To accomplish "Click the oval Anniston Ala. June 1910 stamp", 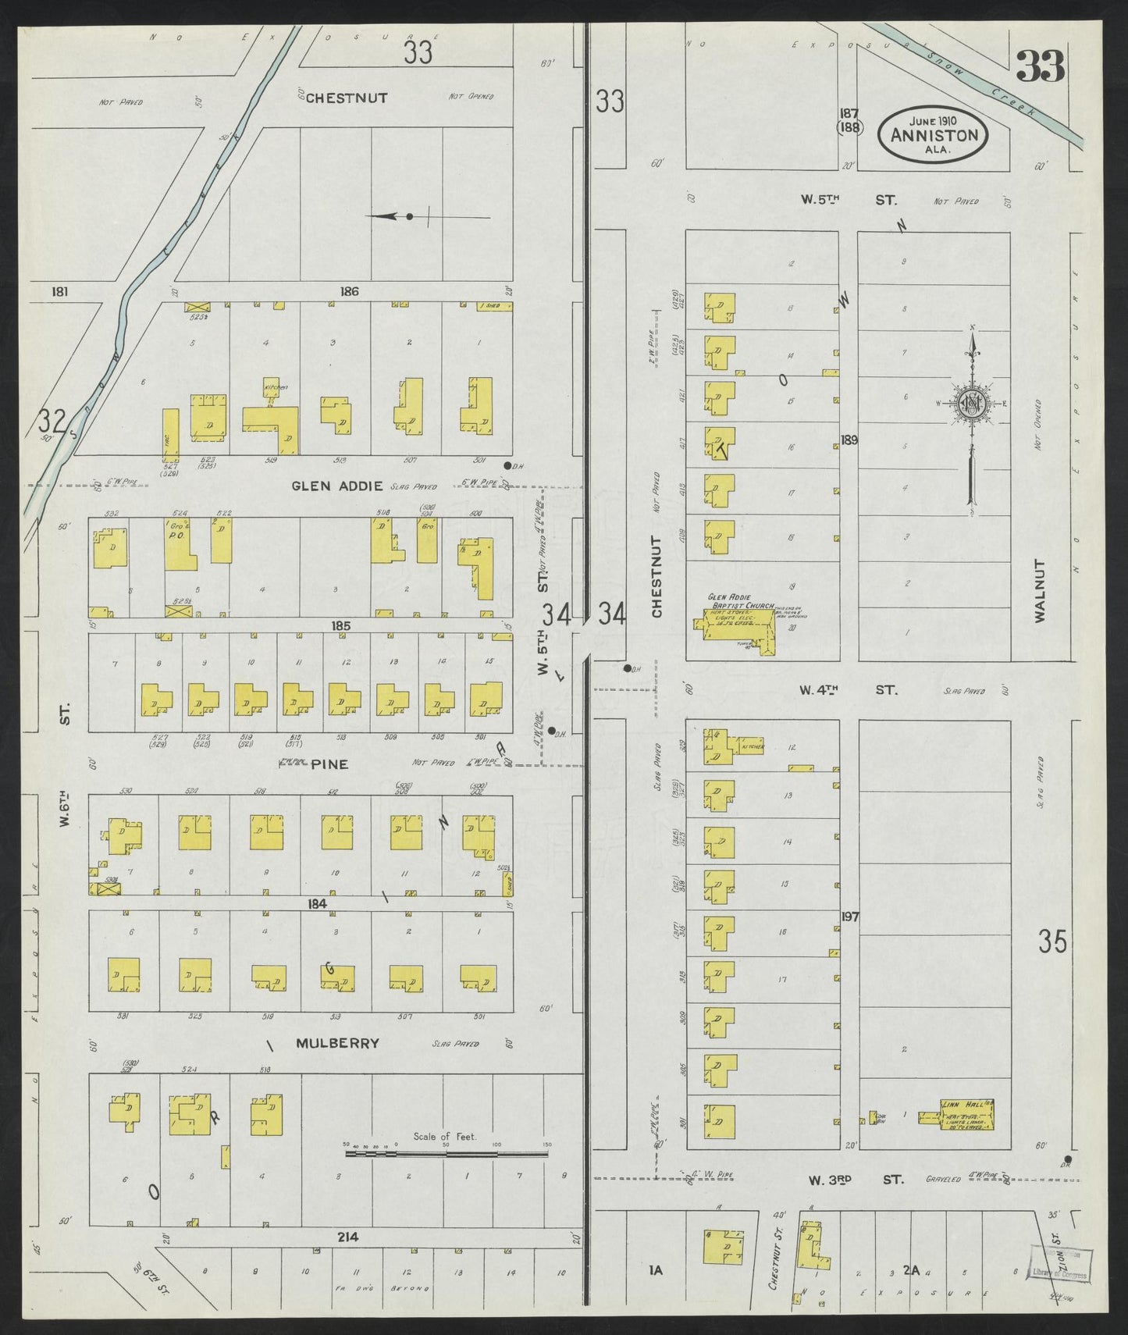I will (934, 134).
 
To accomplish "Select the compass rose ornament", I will (972, 404).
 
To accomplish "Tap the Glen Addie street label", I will (337, 486).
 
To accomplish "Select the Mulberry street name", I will (338, 1043).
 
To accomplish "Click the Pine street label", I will (329, 764).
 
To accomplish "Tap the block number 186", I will (349, 291).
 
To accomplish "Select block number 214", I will (348, 1237).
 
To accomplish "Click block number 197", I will (849, 917).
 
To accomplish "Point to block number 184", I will (316, 903).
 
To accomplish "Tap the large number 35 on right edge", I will (1052, 942).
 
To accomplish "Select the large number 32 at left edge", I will (52, 422).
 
